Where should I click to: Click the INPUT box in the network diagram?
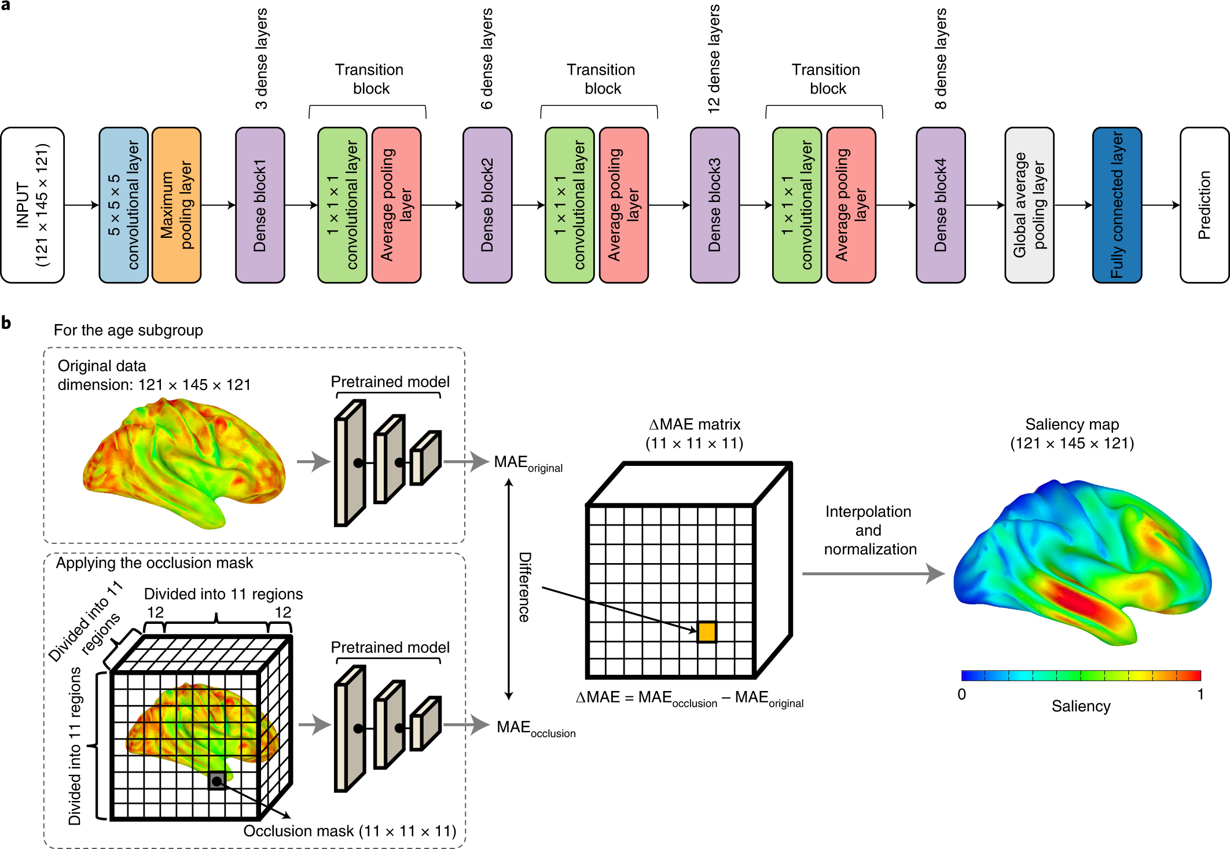click(32, 205)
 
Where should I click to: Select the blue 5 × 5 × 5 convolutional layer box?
click(123, 205)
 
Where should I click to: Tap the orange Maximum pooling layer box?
click(177, 205)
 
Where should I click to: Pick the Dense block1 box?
click(260, 205)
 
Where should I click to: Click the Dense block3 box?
click(715, 205)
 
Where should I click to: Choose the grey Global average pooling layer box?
click(1029, 205)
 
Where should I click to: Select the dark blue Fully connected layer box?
click(1117, 205)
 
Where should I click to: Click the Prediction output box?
click(1205, 205)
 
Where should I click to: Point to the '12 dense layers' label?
click(714, 58)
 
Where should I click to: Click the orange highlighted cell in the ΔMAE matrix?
click(707, 632)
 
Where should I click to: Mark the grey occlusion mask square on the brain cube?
click(217, 781)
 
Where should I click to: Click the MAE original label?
click(527, 464)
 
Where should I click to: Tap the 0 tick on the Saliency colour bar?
click(961, 694)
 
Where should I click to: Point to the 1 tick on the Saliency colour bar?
click(1200, 694)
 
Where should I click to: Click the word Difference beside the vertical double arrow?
click(524, 587)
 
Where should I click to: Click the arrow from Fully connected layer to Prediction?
click(1161, 205)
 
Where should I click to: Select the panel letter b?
click(6, 323)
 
